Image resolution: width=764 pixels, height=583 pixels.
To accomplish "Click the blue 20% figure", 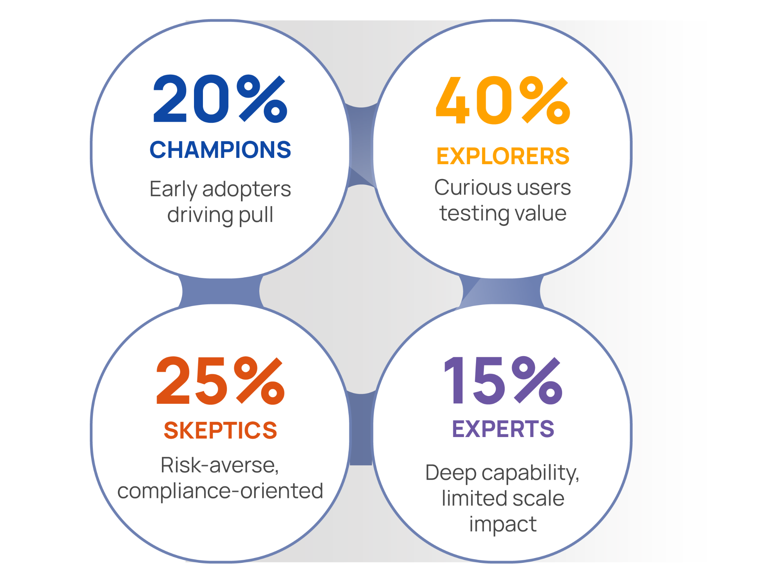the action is click(220, 99).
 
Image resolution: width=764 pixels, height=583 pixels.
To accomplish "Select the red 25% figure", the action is click(220, 380).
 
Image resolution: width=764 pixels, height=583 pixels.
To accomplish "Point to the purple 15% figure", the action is click(503, 380).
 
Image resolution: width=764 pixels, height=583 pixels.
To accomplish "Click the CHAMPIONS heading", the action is click(220, 150).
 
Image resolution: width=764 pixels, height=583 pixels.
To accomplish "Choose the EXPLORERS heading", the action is click(503, 156).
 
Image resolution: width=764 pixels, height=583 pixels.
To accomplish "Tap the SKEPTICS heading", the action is click(220, 430).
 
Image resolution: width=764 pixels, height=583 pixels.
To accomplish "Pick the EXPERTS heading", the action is click(503, 428).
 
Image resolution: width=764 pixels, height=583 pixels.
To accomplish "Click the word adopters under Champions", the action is click(247, 189).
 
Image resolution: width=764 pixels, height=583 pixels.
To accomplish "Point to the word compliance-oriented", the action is click(220, 491).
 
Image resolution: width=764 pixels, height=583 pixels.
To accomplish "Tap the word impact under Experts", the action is click(503, 524).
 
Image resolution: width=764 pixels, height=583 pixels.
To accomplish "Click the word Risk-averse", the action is click(220, 465).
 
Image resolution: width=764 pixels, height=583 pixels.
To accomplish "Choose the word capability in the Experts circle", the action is click(530, 473).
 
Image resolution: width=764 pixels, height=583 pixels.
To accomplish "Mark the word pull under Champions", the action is click(256, 215).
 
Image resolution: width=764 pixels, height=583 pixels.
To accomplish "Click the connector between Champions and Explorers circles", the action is click(361, 147).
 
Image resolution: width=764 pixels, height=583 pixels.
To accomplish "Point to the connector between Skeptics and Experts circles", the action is click(361, 429).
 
